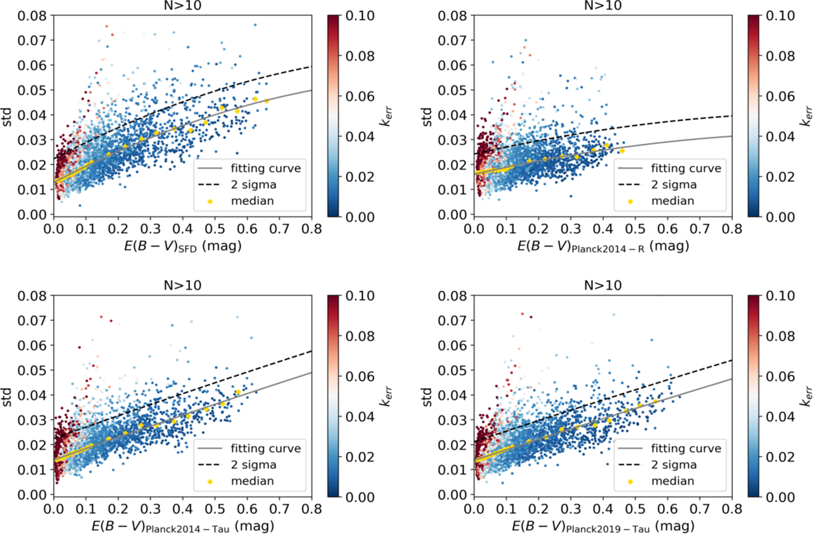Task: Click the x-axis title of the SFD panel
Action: click(x=183, y=246)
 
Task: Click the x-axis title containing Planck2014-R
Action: click(x=603, y=246)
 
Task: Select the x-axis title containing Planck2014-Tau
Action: click(x=183, y=526)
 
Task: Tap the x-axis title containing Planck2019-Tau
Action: click(x=603, y=526)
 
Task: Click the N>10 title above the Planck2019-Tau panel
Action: click(x=603, y=286)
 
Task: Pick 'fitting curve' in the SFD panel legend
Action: click(x=266, y=169)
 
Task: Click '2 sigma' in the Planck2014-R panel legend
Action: click(x=674, y=185)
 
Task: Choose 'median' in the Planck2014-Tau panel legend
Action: click(x=252, y=481)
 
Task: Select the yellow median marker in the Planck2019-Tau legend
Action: click(x=630, y=482)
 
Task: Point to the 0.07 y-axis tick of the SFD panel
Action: click(x=32, y=40)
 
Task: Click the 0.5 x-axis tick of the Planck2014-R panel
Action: click(x=635, y=228)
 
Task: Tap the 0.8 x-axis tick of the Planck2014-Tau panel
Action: click(x=312, y=509)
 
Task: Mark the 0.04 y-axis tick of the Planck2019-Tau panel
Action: click(x=452, y=395)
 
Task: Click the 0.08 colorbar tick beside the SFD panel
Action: click(x=360, y=56)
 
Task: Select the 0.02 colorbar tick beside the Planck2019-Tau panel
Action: click(x=780, y=457)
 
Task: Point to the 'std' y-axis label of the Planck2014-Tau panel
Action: click(x=7, y=397)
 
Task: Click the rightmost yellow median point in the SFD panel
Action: click(x=267, y=101)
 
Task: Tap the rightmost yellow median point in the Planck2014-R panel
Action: click(x=622, y=151)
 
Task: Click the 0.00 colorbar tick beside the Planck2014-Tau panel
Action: click(x=360, y=497)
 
